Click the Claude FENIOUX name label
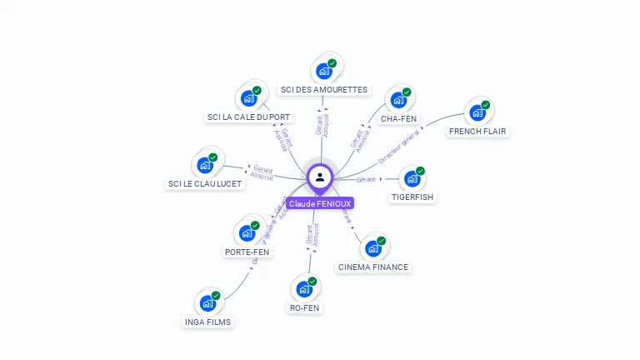(x=320, y=203)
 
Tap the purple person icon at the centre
(x=320, y=177)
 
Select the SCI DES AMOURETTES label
(x=324, y=90)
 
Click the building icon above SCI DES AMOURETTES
(x=324, y=71)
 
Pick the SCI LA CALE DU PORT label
(x=249, y=117)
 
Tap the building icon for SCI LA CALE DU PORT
(x=248, y=98)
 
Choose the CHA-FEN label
(x=398, y=119)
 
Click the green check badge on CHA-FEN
(x=407, y=92)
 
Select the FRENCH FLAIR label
(x=477, y=132)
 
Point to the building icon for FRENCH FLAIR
(x=477, y=112)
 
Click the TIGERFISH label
(x=412, y=197)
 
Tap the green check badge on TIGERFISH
(x=420, y=171)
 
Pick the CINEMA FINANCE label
(x=373, y=267)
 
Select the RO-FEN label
(x=304, y=308)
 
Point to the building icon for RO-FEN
(x=304, y=289)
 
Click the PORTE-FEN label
(x=247, y=252)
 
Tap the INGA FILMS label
(x=208, y=322)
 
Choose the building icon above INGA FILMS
(x=207, y=303)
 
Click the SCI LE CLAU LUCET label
(x=205, y=184)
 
